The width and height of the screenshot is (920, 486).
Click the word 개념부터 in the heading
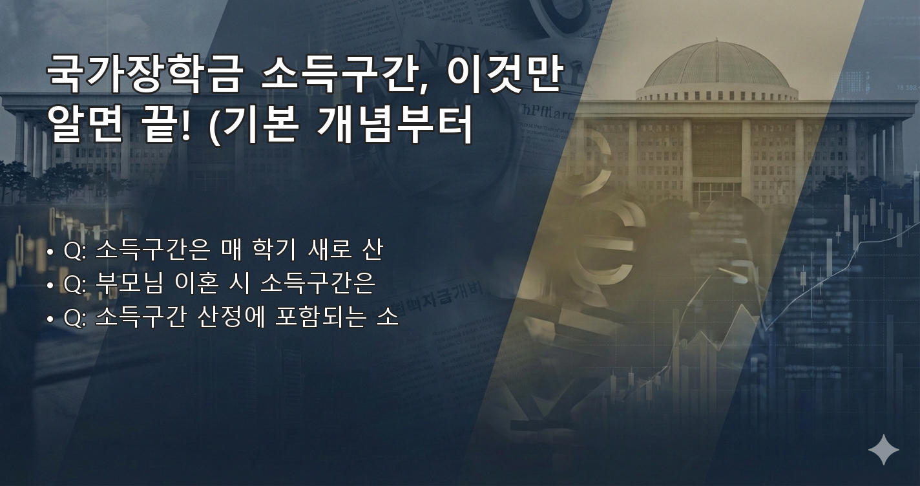click(395, 125)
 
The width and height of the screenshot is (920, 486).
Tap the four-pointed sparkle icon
click(883, 450)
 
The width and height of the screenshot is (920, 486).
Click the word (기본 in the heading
click(255, 125)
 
